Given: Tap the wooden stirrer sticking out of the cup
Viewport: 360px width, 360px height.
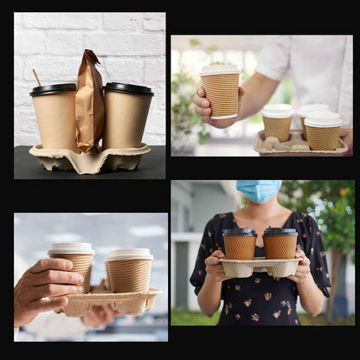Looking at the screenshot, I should pyautogui.click(x=36, y=77).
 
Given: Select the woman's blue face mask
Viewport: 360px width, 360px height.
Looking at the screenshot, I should pyautogui.click(x=259, y=190).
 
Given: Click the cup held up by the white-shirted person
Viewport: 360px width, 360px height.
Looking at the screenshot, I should pyautogui.click(x=221, y=94).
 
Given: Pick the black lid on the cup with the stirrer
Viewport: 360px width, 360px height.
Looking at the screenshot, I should pyautogui.click(x=53, y=89).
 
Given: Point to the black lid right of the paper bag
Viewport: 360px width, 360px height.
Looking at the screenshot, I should pyautogui.click(x=128, y=87).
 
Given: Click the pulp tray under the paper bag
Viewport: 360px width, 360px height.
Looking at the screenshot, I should pyautogui.click(x=89, y=159).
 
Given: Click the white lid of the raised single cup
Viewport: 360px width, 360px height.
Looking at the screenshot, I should pyautogui.click(x=220, y=70).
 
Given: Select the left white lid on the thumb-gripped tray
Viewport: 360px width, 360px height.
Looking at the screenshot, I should pyautogui.click(x=72, y=248).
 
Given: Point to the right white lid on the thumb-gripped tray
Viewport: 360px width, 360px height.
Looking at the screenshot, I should pyautogui.click(x=129, y=254).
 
